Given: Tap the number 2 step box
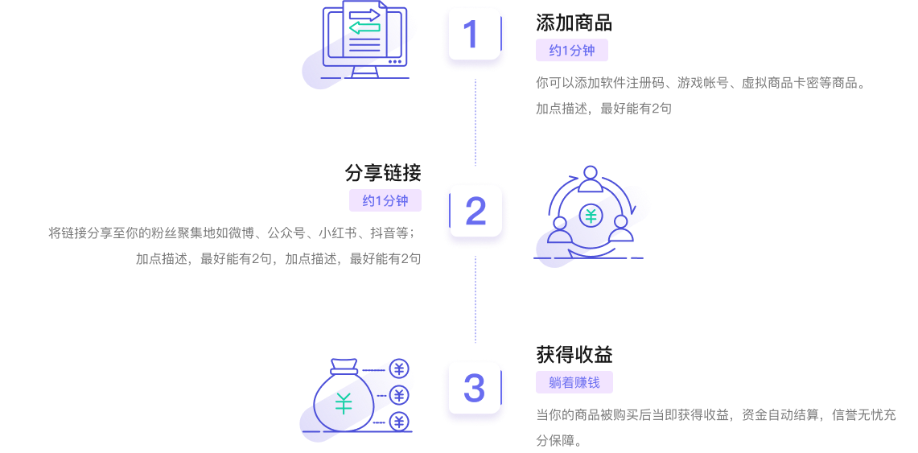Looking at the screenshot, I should [475, 212].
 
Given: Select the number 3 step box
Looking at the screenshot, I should [474, 389].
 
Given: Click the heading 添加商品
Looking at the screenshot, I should [574, 23].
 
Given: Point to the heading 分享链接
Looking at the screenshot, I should [383, 173].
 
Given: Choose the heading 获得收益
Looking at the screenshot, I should [574, 355].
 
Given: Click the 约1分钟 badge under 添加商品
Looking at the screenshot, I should [572, 51].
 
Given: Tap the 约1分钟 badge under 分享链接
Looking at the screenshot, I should [385, 201].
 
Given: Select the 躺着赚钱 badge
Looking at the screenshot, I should [574, 383].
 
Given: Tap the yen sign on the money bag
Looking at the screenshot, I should [344, 403].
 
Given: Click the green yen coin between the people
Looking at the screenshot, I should [591, 215].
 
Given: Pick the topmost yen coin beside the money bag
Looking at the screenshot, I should [399, 369].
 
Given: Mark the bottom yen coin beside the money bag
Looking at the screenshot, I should [399, 422].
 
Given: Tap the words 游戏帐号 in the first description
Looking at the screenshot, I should [703, 83].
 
